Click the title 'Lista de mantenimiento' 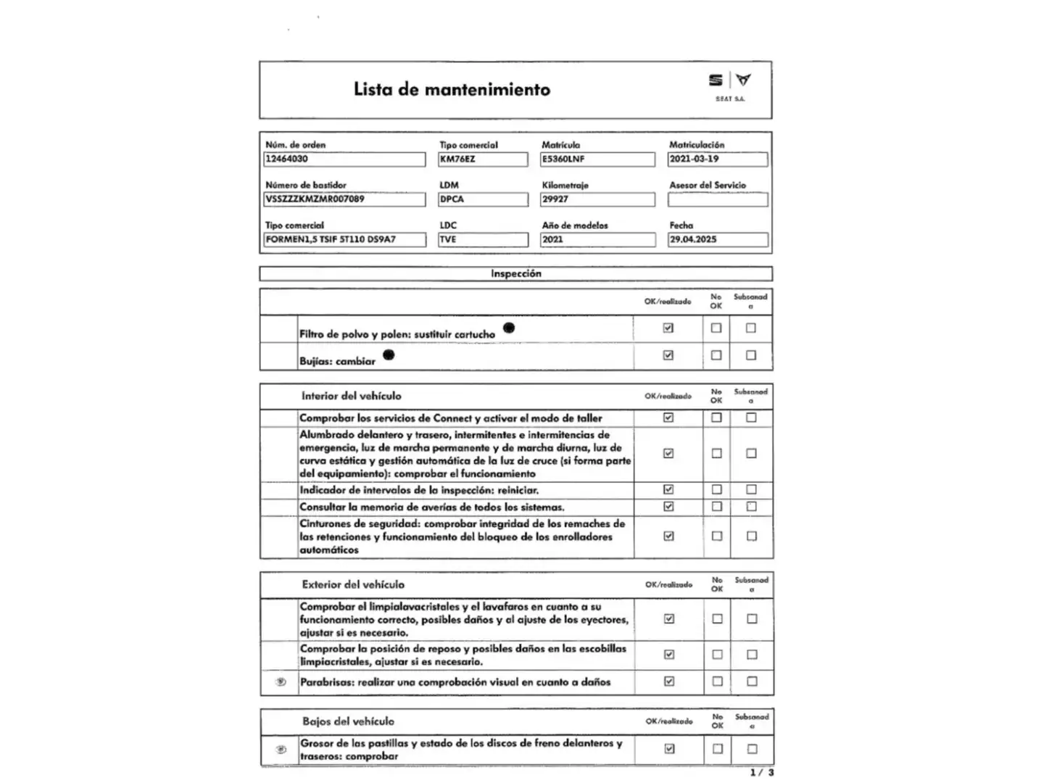(452, 90)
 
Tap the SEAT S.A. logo (729, 86)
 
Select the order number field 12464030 (344, 159)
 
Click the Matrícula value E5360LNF (597, 159)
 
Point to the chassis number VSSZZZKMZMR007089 (344, 199)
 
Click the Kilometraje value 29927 (597, 199)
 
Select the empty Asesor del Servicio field (718, 199)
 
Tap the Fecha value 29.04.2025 (718, 239)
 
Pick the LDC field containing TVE (483, 239)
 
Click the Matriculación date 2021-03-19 (718, 159)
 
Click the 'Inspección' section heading (515, 274)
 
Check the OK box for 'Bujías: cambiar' (668, 355)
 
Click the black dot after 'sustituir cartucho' (509, 328)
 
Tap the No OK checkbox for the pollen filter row (716, 328)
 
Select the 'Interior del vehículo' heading (352, 396)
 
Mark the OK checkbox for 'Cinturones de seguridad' (668, 536)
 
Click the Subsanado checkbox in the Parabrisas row (752, 681)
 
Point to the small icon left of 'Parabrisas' (281, 682)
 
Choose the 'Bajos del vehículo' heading (349, 721)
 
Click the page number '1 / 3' (762, 773)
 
